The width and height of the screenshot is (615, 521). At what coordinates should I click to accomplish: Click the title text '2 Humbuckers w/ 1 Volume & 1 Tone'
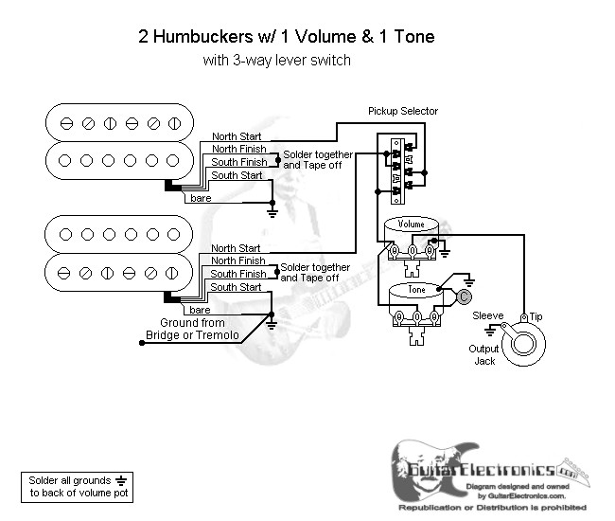273,38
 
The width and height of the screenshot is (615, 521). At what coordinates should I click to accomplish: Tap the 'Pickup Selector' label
403,111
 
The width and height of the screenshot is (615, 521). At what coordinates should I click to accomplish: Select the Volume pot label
412,224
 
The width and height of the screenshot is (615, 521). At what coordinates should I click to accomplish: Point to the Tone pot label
417,289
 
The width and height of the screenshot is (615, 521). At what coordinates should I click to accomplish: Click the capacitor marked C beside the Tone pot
464,295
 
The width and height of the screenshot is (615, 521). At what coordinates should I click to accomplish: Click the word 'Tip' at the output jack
536,315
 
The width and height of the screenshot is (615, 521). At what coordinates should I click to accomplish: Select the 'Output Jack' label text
483,354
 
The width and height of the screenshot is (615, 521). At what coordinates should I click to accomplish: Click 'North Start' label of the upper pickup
237,136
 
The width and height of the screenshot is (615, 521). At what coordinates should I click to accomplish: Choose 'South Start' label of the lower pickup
236,287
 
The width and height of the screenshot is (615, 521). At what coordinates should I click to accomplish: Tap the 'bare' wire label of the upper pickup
201,198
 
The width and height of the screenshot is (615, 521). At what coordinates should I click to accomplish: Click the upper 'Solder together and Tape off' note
317,159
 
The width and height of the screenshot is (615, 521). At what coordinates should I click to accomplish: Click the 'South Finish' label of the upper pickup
238,162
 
